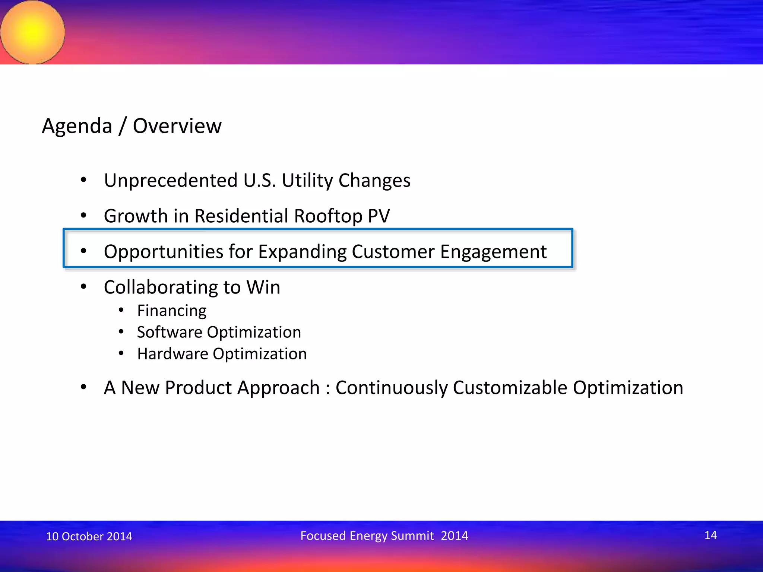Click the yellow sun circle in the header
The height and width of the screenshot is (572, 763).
[x=33, y=32]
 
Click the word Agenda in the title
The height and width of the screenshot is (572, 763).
[x=77, y=126]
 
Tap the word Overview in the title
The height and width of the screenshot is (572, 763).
[x=177, y=126]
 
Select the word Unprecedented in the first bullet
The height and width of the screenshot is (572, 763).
[x=171, y=181]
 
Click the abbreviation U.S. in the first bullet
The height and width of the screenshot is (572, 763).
[x=260, y=181]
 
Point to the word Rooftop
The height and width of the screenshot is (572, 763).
[x=328, y=216]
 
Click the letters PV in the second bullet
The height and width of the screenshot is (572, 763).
[x=379, y=216]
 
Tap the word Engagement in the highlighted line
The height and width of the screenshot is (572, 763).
[x=493, y=252]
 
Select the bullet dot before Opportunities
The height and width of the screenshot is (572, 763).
[x=83, y=251]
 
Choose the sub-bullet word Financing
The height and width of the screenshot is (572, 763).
[x=172, y=311]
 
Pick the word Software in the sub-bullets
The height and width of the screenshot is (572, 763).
[x=169, y=332]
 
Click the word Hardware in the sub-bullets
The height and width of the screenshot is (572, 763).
[x=172, y=354]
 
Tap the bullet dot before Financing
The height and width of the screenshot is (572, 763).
[x=121, y=310]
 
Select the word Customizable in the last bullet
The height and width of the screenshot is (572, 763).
[x=510, y=388]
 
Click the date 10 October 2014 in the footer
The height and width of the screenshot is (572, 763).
[x=89, y=536]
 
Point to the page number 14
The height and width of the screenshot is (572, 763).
[x=710, y=535]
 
